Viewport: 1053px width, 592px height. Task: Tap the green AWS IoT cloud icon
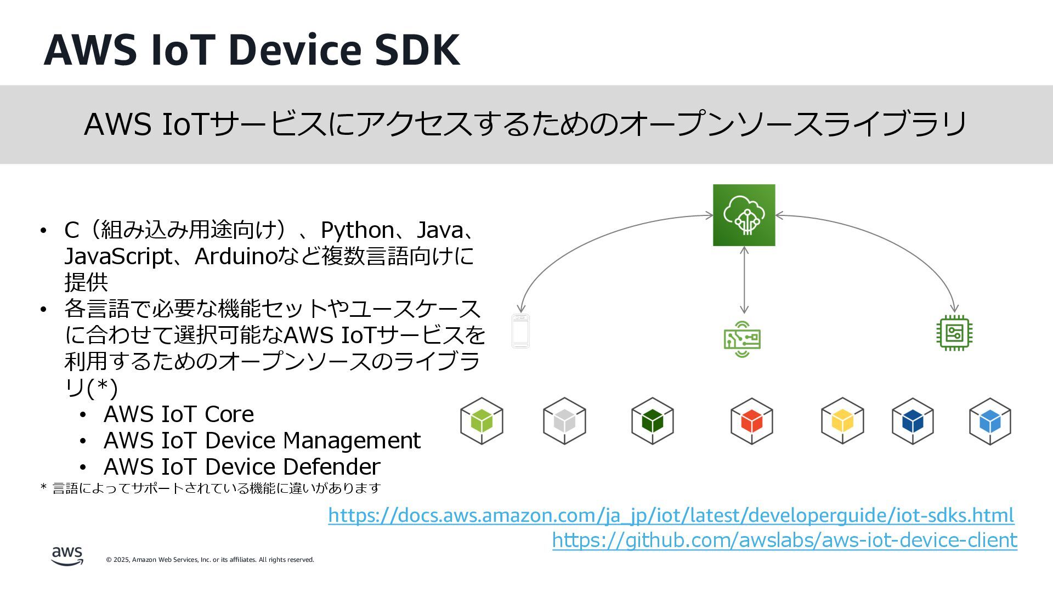point(744,215)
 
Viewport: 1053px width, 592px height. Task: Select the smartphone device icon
point(520,331)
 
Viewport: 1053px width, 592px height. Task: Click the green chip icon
point(954,333)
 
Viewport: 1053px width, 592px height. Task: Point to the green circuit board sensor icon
point(742,339)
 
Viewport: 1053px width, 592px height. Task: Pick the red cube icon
point(751,421)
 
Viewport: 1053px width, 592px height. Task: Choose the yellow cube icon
point(842,421)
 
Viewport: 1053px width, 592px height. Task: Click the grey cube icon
point(564,421)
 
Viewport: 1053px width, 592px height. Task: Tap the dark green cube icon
point(652,421)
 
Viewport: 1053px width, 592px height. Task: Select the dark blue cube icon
point(913,421)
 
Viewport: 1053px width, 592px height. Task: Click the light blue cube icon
point(990,421)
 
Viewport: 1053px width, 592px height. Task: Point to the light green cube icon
point(482,421)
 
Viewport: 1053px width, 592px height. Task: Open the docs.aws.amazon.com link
point(671,515)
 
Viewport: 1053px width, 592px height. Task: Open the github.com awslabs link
point(784,540)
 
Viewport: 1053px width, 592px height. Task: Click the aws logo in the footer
point(67,556)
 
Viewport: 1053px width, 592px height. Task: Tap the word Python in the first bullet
point(357,230)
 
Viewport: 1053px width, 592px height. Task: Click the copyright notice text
point(210,560)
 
